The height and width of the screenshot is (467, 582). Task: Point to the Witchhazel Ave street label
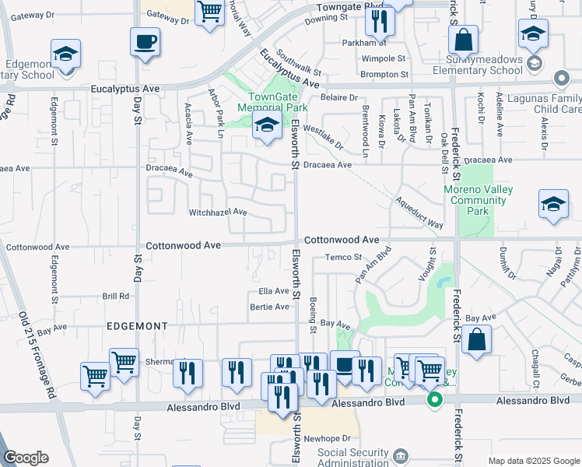pyautogui.click(x=218, y=212)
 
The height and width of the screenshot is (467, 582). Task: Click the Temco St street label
pyautogui.click(x=343, y=257)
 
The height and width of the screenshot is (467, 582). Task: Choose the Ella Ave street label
pyautogui.click(x=274, y=291)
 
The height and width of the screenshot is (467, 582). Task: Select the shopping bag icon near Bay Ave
pyautogui.click(x=476, y=339)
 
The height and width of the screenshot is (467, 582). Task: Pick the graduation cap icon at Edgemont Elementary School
pyautogui.click(x=66, y=54)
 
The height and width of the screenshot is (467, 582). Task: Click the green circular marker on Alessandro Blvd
pyautogui.click(x=435, y=401)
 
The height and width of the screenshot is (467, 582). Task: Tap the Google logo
pyautogui.click(x=27, y=458)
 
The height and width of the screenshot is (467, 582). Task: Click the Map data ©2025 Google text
pyautogui.click(x=533, y=461)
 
